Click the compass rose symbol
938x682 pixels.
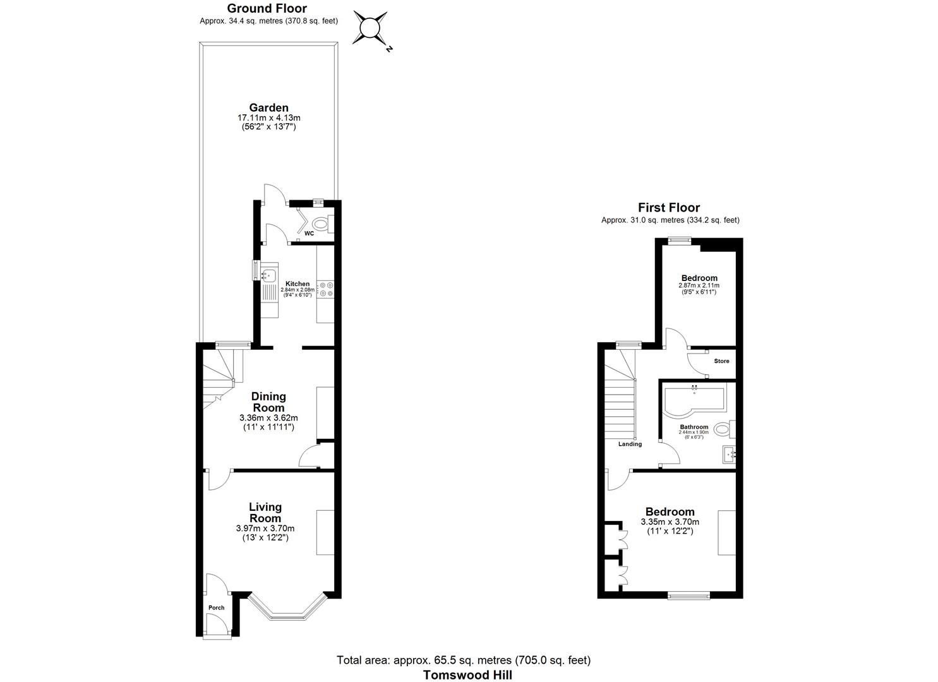point(370,28)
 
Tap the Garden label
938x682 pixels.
point(268,108)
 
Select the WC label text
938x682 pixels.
point(309,233)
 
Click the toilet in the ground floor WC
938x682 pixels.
point(322,223)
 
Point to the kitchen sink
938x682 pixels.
point(269,275)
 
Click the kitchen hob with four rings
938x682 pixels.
point(327,289)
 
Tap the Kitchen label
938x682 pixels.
point(298,284)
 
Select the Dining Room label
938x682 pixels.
point(268,402)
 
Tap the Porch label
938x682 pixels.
point(216,607)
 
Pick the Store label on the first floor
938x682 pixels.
point(721,361)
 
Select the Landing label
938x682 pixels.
point(630,444)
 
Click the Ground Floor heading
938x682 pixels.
point(267,8)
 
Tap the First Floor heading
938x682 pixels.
point(669,207)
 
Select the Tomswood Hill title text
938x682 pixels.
point(467,674)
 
